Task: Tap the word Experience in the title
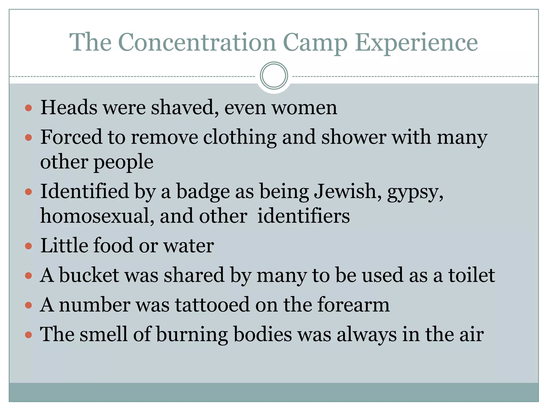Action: pos(416,43)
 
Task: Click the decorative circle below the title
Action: pos(274,75)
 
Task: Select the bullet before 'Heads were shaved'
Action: pos(28,108)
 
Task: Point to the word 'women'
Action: pos(304,108)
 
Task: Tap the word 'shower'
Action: pos(354,137)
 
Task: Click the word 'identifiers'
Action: pos(303,216)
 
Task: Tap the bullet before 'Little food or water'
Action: pos(28,246)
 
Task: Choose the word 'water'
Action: pos(189,245)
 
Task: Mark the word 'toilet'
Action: pos(471,275)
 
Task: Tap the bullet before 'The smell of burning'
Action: pos(28,335)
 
